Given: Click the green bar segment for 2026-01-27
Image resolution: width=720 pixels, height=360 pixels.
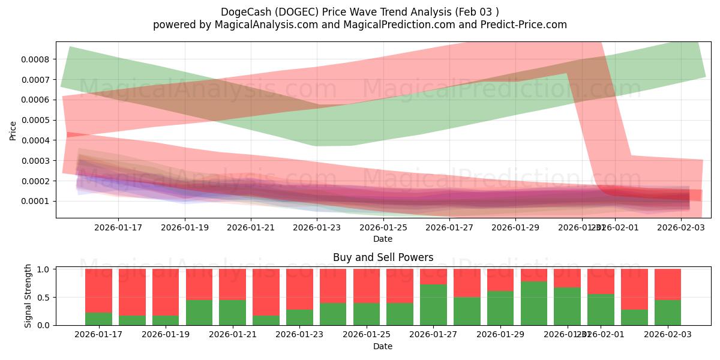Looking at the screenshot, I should (433, 305).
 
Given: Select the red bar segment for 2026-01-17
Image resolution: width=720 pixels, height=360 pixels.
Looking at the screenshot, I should (98, 290).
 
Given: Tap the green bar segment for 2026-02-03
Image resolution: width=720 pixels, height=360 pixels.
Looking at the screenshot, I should (668, 313).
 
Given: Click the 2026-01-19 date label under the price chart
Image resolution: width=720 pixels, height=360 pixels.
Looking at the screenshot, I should (184, 227).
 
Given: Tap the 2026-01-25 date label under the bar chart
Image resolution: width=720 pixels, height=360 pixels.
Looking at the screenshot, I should (367, 335).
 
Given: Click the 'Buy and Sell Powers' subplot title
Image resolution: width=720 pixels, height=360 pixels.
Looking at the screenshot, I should (383, 257).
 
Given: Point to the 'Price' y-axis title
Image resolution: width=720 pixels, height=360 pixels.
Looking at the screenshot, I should (13, 131).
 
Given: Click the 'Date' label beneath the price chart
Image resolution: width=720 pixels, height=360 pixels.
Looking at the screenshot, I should (383, 239).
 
